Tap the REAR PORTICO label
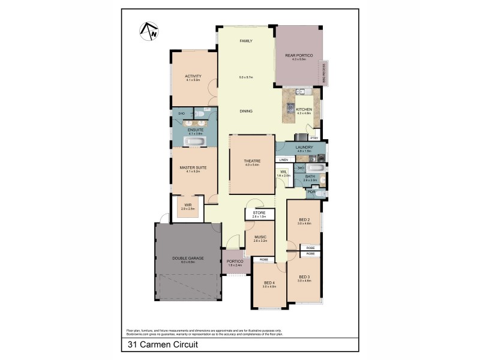click(x=299, y=55)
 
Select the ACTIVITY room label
click(x=193, y=76)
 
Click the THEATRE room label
click(x=251, y=160)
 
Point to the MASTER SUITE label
click(x=193, y=168)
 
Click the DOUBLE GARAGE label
click(x=188, y=258)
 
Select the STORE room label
click(x=259, y=212)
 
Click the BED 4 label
click(x=269, y=284)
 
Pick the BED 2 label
click(x=304, y=220)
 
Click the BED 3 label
click(x=304, y=277)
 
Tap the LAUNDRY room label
click(x=304, y=146)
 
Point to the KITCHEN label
click(x=304, y=109)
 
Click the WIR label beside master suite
click(x=188, y=205)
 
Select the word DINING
click(x=246, y=112)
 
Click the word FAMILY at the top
click(x=245, y=41)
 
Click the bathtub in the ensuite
click(x=195, y=142)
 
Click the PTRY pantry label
click(x=314, y=137)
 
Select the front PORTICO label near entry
click(x=235, y=262)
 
